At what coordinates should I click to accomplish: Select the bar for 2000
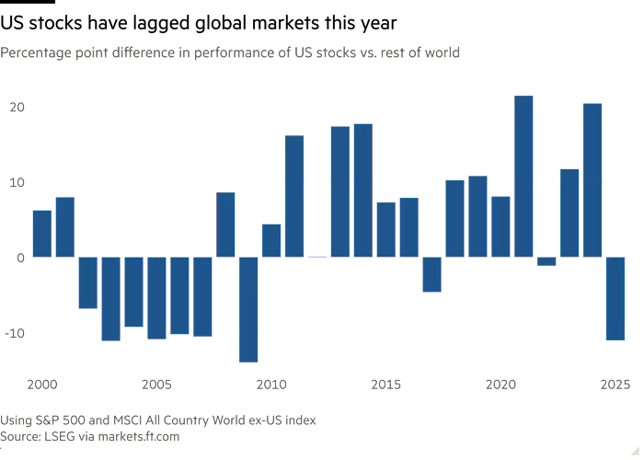click(41, 233)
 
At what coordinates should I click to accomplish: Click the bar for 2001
click(64, 226)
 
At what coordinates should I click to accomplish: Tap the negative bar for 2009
click(248, 309)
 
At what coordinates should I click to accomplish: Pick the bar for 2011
click(294, 196)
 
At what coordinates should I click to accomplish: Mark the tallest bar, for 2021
click(523, 175)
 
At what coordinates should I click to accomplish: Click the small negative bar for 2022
click(546, 261)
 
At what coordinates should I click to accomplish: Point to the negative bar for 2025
click(615, 299)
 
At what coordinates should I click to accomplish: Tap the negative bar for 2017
click(431, 274)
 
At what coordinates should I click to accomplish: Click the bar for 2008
click(225, 224)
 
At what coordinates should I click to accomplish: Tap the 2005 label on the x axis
click(156, 383)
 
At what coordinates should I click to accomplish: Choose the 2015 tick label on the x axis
click(385, 383)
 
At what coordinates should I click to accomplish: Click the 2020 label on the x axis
click(500, 383)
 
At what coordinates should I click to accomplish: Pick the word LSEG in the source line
click(62, 437)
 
